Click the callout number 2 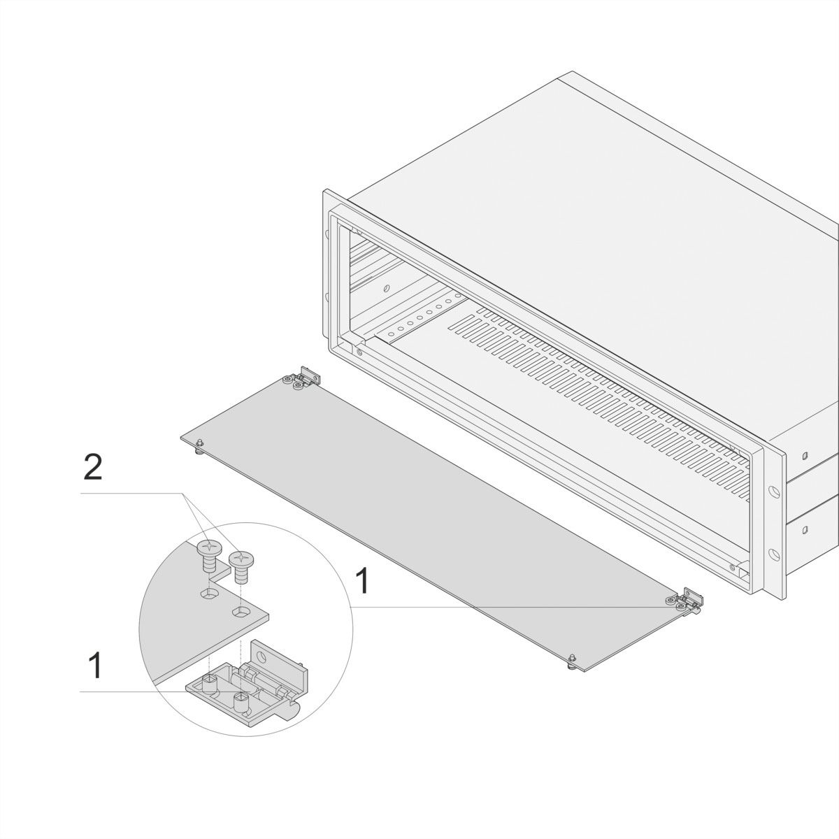coord(93,468)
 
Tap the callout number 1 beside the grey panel coord(362,580)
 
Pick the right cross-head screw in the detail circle coord(241,567)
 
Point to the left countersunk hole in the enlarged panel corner coord(210,593)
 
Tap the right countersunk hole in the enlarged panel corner coord(242,612)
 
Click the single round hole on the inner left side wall coord(386,288)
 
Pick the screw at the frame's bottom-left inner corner coord(359,352)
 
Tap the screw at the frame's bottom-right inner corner coord(733,567)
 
